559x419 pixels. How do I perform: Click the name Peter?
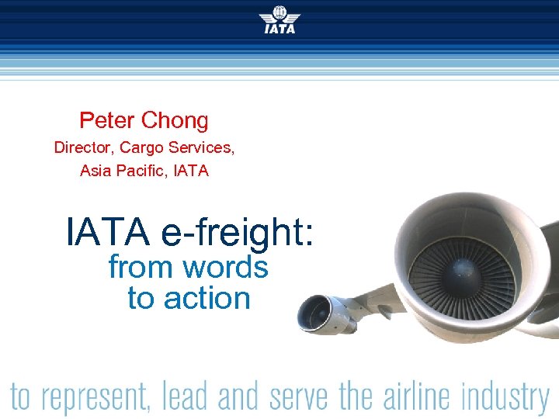(107, 120)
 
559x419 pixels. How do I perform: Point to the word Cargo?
(144, 147)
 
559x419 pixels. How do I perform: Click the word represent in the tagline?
(94, 397)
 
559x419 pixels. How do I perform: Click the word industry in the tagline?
(505, 397)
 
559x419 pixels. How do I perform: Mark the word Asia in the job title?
(98, 170)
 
